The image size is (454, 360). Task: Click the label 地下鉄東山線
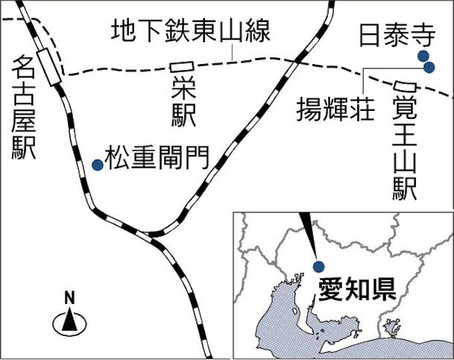pos(191,31)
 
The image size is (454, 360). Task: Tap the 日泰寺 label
pos(397,35)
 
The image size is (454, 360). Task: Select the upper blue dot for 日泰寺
pos(423,56)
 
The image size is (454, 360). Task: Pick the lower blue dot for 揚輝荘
pos(429,67)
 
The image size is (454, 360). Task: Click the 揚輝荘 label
pos(336,109)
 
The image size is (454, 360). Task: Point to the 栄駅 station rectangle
pos(182,67)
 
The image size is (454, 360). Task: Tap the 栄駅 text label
pos(184,103)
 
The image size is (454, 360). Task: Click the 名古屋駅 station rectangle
pos(49,67)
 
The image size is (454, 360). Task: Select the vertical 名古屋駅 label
pos(23,108)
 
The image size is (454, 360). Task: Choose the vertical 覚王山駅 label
pos(404,148)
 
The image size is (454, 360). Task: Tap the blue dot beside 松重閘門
pos(97,165)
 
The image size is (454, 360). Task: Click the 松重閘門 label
pos(157,158)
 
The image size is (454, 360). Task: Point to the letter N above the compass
pos(69,297)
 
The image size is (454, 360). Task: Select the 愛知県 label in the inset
pos(357,291)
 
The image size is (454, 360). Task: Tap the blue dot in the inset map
pos(318,266)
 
